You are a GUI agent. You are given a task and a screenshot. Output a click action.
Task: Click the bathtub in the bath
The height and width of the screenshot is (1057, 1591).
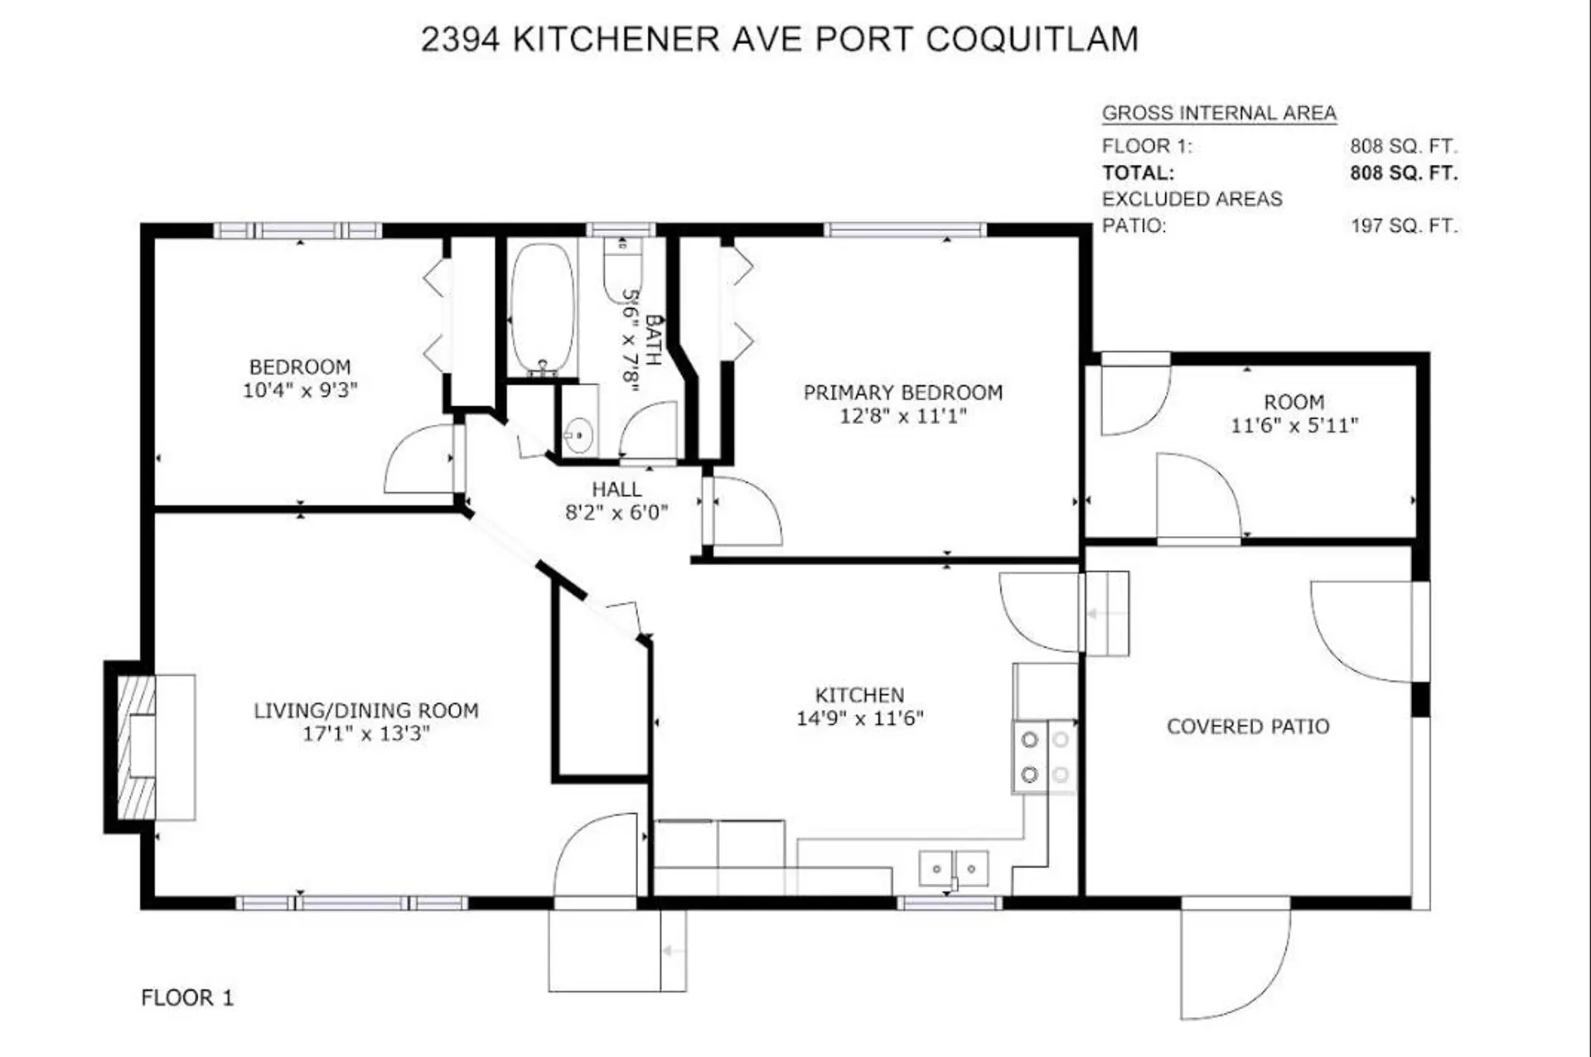(542, 308)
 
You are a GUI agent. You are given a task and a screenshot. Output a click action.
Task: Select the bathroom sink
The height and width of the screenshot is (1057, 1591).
(578, 433)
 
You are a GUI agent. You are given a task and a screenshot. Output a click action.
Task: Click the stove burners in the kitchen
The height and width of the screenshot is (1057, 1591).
(1044, 757)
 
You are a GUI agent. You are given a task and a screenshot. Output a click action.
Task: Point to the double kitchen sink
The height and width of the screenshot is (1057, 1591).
(954, 869)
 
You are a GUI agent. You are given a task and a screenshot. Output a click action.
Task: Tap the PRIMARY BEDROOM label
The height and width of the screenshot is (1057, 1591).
(902, 393)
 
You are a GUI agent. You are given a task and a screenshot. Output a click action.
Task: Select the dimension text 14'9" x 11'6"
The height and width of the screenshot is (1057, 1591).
(859, 718)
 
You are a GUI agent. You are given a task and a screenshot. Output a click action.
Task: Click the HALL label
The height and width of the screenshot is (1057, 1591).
(616, 490)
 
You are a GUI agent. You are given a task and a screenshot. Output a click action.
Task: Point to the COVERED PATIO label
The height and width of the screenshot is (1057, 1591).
(1247, 726)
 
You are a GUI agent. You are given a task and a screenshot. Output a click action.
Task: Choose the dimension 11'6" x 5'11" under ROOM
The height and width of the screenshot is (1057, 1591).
(1294, 426)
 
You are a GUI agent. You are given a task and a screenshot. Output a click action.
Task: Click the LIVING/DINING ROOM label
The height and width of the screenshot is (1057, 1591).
(365, 711)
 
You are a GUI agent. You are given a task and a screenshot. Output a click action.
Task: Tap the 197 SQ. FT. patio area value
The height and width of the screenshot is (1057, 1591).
(1403, 225)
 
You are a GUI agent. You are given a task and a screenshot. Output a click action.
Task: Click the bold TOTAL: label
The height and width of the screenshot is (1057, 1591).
(1137, 173)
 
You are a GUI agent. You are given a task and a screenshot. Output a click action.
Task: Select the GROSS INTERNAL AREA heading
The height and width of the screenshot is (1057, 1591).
(1218, 113)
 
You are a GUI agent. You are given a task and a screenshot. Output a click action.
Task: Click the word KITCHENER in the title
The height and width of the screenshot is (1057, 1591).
(616, 40)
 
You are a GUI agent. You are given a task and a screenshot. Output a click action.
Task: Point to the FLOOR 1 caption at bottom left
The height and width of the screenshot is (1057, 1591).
(187, 997)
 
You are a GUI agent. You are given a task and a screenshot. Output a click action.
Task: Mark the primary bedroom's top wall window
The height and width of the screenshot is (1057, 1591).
(905, 229)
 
